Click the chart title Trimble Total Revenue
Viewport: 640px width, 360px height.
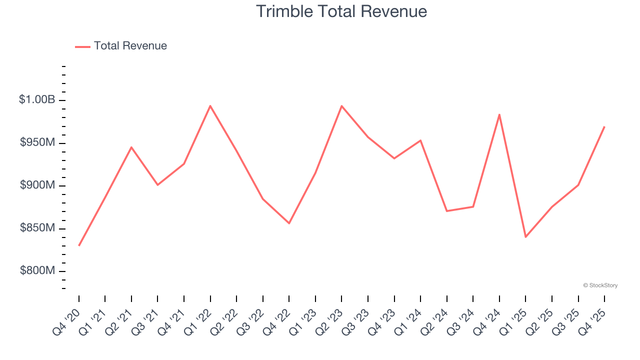[341, 11]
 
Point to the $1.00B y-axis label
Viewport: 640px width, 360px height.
[37, 100]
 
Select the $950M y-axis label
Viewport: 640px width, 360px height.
[37, 143]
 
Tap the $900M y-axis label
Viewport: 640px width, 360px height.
[37, 185]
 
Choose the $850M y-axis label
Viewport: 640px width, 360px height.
[37, 228]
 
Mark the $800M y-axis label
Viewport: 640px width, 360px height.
[37, 271]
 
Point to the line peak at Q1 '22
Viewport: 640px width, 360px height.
[210, 106]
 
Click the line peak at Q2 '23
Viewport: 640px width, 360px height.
[341, 106]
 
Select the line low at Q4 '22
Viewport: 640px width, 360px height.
[289, 223]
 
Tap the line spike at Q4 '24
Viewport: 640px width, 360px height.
[499, 114]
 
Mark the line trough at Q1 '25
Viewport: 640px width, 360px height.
[525, 237]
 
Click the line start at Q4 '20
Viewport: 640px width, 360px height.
[79, 245]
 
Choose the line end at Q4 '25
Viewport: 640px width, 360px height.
[604, 126]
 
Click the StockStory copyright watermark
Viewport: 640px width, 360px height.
[600, 285]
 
